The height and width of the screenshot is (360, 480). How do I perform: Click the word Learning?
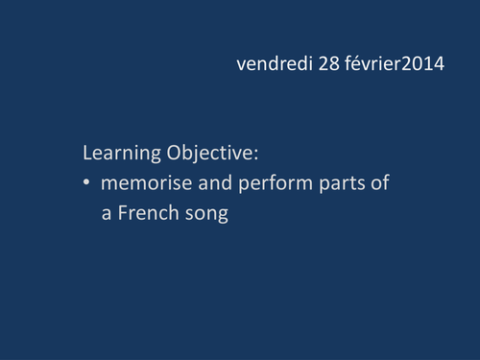(120, 154)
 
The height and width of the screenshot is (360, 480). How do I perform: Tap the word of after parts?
(378, 183)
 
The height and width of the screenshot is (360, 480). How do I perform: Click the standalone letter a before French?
(107, 214)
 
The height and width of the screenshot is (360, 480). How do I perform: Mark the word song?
(206, 215)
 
